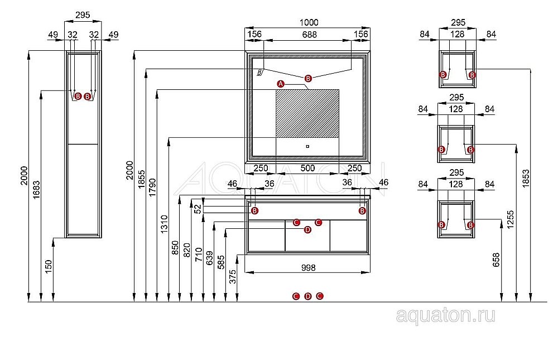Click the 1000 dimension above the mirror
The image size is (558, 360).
(309, 22)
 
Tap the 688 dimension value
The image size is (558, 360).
(309, 35)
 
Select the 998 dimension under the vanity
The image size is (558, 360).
(307, 267)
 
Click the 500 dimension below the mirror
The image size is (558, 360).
(307, 168)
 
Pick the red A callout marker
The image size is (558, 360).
(281, 84)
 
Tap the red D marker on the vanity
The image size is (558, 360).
(307, 230)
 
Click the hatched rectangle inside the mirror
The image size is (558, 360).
(307, 113)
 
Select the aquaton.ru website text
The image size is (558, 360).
(445, 316)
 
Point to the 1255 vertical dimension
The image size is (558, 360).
(510, 222)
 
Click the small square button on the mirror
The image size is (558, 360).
(307, 147)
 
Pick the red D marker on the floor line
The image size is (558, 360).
(307, 296)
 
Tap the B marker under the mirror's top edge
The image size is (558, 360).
(308, 78)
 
